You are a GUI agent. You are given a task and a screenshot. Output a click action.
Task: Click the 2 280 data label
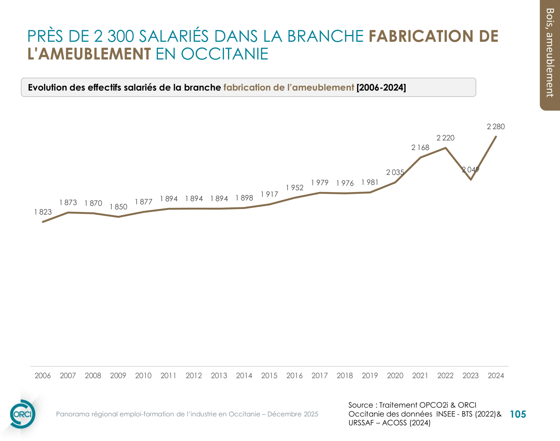496,127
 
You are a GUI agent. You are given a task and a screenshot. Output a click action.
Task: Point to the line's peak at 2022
445,148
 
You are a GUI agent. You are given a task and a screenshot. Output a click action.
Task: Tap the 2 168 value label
420,148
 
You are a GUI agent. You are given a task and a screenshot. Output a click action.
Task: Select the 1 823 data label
43,212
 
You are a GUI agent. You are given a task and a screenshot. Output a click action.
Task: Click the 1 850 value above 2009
118,207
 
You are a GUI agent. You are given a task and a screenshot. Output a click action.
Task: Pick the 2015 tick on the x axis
269,376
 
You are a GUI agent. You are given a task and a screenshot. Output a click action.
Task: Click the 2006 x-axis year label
43,376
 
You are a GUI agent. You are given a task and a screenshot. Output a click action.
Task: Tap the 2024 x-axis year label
496,376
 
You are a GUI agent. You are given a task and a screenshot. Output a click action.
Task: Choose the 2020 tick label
395,376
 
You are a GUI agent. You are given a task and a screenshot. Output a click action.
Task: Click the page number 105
518,414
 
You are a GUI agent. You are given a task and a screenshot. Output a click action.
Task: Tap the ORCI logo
22,414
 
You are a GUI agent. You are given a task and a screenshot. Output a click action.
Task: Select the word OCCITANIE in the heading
224,54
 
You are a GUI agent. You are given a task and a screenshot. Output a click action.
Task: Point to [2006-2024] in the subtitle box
381,88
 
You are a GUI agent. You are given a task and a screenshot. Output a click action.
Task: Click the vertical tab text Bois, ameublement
550,53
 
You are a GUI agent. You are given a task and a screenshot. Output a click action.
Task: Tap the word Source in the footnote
360,405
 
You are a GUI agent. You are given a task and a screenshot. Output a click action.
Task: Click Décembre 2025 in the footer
293,414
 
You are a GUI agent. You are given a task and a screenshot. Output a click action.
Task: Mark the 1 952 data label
294,188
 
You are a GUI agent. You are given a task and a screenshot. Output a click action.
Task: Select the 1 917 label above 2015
269,194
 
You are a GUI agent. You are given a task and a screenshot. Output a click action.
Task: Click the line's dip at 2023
471,180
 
